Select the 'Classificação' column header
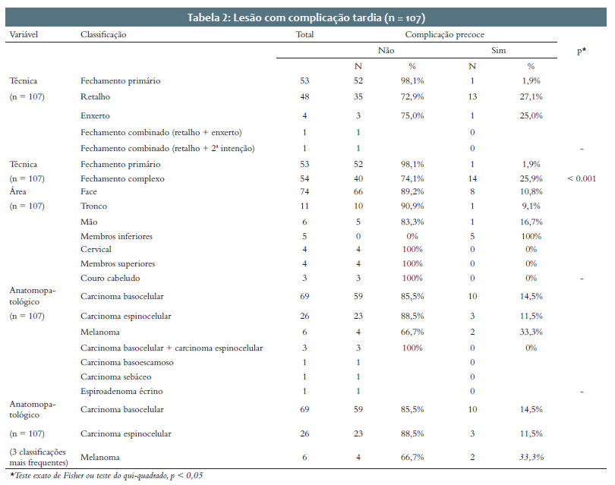coord(103,34)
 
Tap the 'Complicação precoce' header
coord(444,34)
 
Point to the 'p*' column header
coord(582,51)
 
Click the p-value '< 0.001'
coord(582,179)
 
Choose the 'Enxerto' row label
coord(95,115)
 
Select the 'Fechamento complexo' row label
coord(122,179)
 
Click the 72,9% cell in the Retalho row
coord(412,97)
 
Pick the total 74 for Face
coord(304,192)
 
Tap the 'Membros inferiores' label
coord(116,236)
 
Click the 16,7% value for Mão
coord(531,222)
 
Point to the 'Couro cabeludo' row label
coord(110,279)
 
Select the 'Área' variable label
coord(17,191)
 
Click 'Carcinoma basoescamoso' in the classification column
coord(127,363)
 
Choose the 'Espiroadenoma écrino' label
coord(121,392)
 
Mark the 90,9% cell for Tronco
coord(412,206)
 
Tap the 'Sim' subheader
coord(499,51)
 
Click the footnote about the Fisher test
coord(106,476)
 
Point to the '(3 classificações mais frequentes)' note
coord(39,457)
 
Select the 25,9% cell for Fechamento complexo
coord(531,179)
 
